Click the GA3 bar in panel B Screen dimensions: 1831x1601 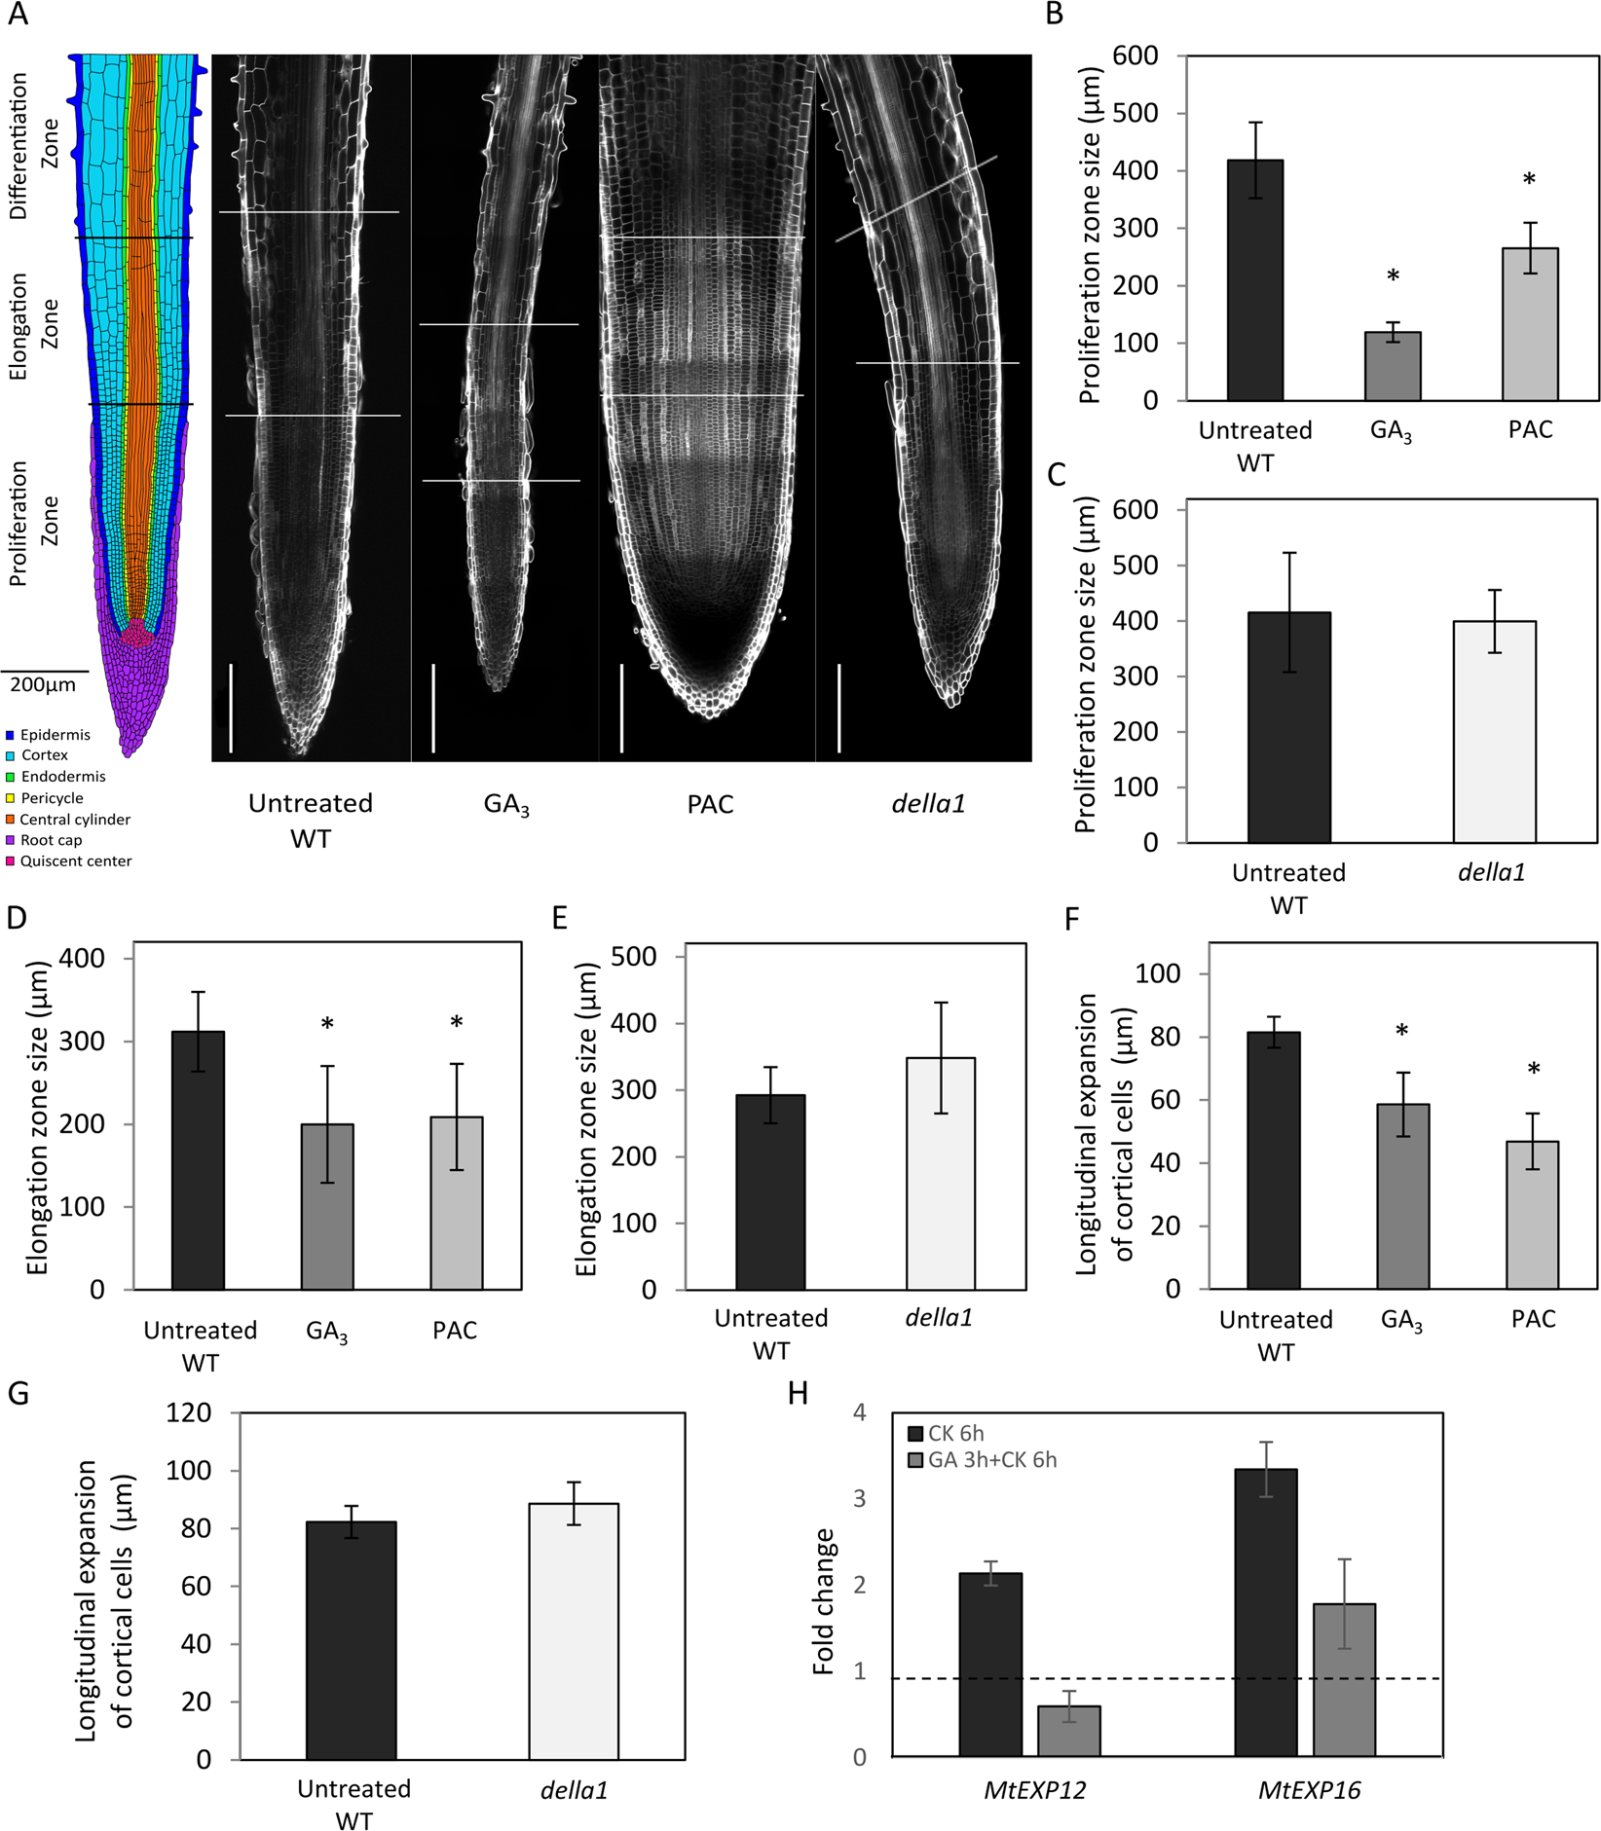[x=1392, y=366]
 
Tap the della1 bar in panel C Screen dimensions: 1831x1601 [x=1494, y=731]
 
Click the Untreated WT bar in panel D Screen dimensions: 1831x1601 [x=198, y=1159]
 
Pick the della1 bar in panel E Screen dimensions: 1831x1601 [x=940, y=1173]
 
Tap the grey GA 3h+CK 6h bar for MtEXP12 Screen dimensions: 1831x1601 [x=1068, y=1730]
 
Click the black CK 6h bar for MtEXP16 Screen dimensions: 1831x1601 [x=1265, y=1611]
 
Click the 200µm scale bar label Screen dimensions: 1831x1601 [x=43, y=685]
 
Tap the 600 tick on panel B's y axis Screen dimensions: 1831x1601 [x=1136, y=56]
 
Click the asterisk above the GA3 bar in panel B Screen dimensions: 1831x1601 [x=1393, y=276]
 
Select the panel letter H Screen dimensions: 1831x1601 [x=798, y=1394]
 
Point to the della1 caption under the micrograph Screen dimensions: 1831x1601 [x=928, y=804]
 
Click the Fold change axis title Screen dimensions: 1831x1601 [x=824, y=1601]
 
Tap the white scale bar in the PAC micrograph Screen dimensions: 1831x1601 [x=621, y=708]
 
